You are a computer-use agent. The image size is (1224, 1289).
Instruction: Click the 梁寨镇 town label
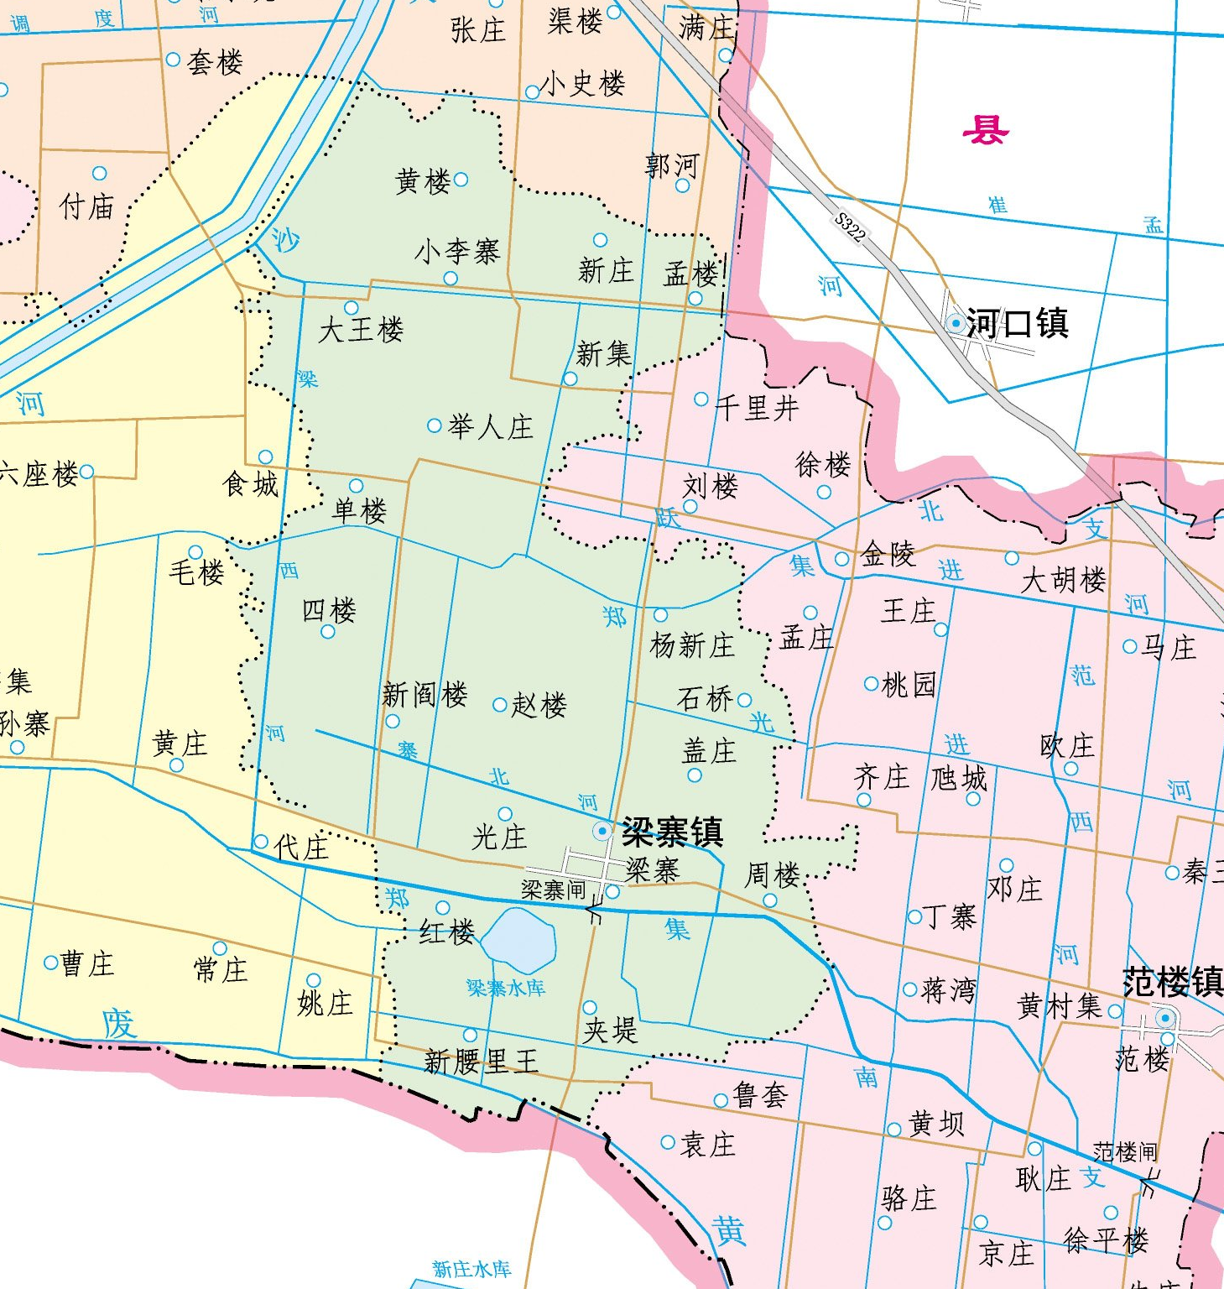pyautogui.click(x=672, y=832)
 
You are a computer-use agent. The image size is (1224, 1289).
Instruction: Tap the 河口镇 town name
pyautogui.click(x=1017, y=323)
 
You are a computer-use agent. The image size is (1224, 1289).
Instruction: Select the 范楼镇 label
pyautogui.click(x=1173, y=982)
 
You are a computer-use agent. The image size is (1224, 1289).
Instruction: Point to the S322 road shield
pyautogui.click(x=849, y=227)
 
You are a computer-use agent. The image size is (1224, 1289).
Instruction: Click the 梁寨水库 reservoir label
pyautogui.click(x=506, y=988)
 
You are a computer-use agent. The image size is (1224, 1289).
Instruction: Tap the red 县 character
pyautogui.click(x=985, y=130)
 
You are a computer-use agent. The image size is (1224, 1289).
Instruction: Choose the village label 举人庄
pyautogui.click(x=491, y=427)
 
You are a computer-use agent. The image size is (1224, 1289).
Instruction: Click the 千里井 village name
pyautogui.click(x=757, y=409)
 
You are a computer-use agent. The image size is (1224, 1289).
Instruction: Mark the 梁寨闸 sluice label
pyautogui.click(x=553, y=890)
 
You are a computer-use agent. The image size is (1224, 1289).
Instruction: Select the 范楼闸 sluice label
pyautogui.click(x=1124, y=1151)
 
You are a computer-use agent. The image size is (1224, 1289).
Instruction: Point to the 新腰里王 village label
pyautogui.click(x=481, y=1062)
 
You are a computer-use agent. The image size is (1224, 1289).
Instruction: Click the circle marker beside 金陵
pyautogui.click(x=842, y=559)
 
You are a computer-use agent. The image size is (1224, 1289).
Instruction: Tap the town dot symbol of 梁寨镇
pyautogui.click(x=602, y=831)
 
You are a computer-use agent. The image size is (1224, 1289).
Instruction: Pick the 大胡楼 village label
pyautogui.click(x=1063, y=580)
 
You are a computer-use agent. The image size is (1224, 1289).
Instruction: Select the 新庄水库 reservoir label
pyautogui.click(x=471, y=1269)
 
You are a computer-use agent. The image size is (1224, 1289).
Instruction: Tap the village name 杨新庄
pyautogui.click(x=692, y=645)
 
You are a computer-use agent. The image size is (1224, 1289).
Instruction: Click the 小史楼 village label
pyautogui.click(x=584, y=83)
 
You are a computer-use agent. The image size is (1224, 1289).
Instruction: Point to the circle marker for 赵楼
pyautogui.click(x=499, y=705)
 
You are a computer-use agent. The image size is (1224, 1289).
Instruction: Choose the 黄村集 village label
pyautogui.click(x=1059, y=1005)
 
